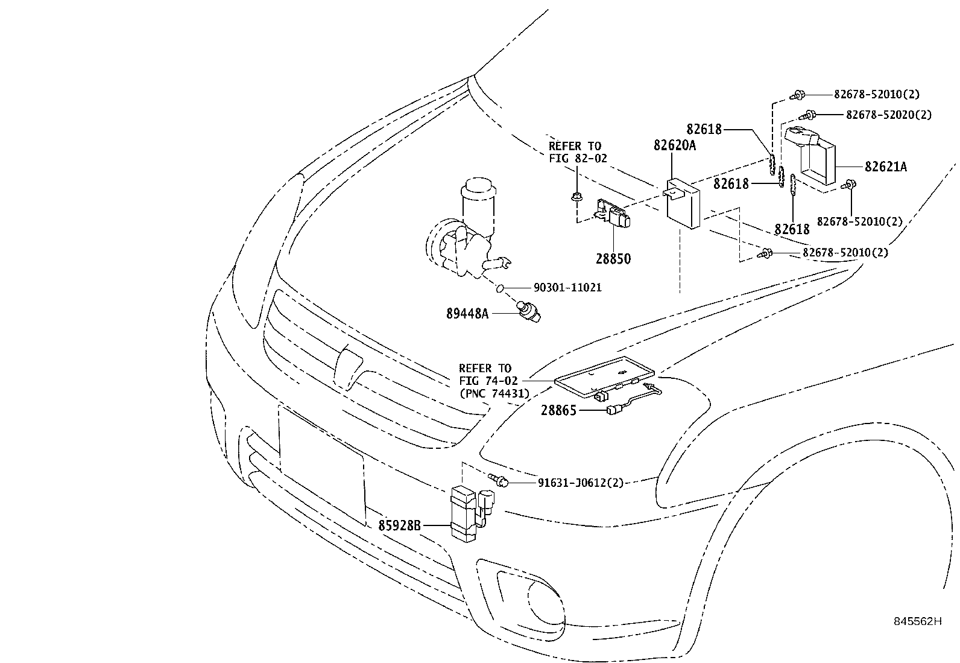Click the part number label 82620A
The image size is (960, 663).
tap(675, 145)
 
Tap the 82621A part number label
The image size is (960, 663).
tap(885, 167)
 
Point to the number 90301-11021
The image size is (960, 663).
tap(567, 288)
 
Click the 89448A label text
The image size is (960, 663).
tap(467, 313)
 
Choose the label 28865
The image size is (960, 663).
tap(558, 411)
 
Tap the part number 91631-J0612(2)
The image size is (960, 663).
tap(580, 483)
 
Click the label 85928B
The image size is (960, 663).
tap(399, 525)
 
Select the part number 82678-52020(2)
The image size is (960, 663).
tap(888, 115)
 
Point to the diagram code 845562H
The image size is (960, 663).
tap(917, 621)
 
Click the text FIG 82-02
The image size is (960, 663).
tap(578, 159)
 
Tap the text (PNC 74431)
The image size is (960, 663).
tap(494, 393)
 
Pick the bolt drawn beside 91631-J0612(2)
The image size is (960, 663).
tap(500, 481)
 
